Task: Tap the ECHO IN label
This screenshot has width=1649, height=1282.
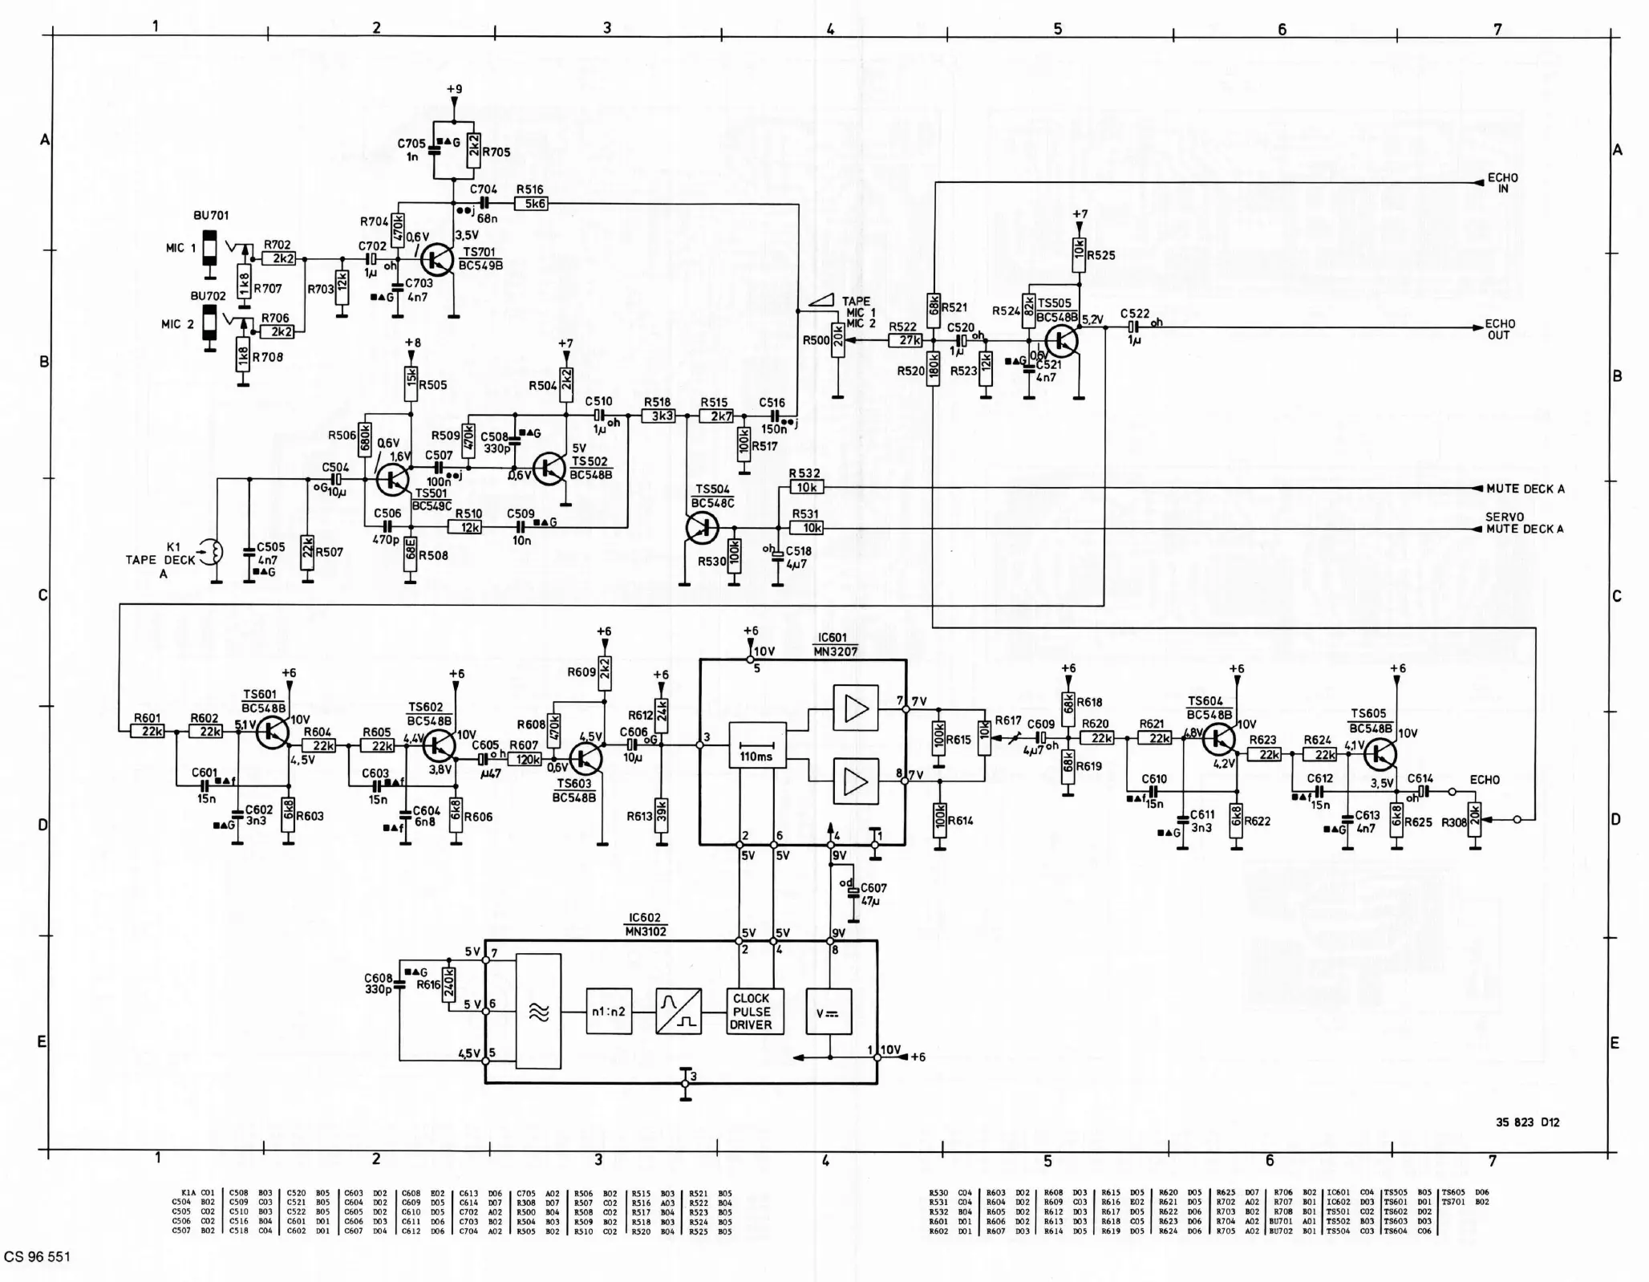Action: click(1502, 183)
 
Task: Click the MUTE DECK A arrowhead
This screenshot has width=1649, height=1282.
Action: click(1477, 489)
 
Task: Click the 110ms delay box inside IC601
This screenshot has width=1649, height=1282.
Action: click(756, 745)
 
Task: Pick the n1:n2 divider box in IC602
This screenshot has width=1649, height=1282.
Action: click(609, 1012)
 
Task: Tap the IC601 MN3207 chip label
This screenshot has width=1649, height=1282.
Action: click(837, 645)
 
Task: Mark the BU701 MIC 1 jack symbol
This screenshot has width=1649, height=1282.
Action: click(209, 248)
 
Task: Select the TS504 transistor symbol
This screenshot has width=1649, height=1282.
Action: click(703, 527)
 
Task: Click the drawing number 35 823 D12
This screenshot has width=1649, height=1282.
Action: click(1527, 1122)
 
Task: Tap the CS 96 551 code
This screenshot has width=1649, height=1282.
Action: click(38, 1256)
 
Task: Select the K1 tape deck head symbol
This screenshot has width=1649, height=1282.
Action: click(213, 551)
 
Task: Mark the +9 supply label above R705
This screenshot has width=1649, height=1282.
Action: click(454, 89)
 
